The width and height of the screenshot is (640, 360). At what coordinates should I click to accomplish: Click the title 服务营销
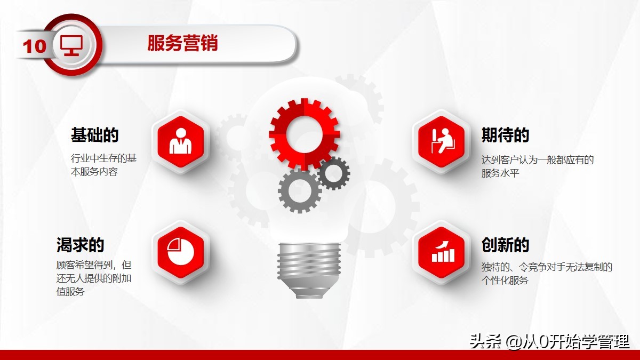(x=182, y=43)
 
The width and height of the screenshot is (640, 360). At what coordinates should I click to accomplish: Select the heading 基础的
(x=94, y=135)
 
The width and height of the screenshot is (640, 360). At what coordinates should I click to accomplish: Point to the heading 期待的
(x=505, y=135)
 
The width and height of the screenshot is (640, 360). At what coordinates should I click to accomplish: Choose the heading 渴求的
(x=80, y=245)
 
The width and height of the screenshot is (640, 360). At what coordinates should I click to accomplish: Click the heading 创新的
(x=505, y=245)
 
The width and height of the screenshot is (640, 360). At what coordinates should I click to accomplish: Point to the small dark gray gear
(x=334, y=173)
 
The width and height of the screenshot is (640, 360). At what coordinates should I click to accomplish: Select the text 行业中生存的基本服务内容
(x=103, y=165)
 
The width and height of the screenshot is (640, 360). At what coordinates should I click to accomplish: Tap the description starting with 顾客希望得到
(x=93, y=278)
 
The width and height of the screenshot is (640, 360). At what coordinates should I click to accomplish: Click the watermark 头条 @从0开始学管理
(x=549, y=341)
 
